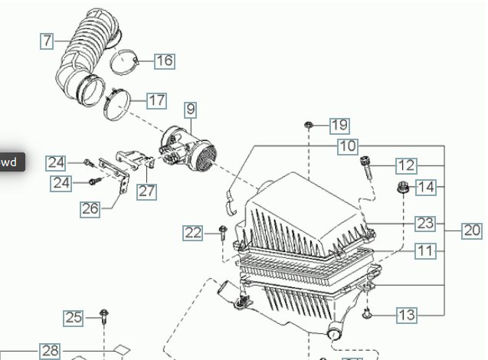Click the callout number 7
(47, 40)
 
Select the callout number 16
(165, 61)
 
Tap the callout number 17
(156, 100)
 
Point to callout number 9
(189, 110)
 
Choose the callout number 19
(339, 125)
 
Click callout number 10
(347, 146)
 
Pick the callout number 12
(405, 165)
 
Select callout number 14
(425, 186)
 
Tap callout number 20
(472, 230)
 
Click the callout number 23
(425, 223)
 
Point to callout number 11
(425, 250)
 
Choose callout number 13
(406, 314)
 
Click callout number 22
(192, 232)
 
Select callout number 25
(73, 317)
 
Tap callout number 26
(90, 208)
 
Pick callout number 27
(147, 191)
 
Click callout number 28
(50, 351)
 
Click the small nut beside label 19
(308, 124)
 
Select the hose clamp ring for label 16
(126, 59)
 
